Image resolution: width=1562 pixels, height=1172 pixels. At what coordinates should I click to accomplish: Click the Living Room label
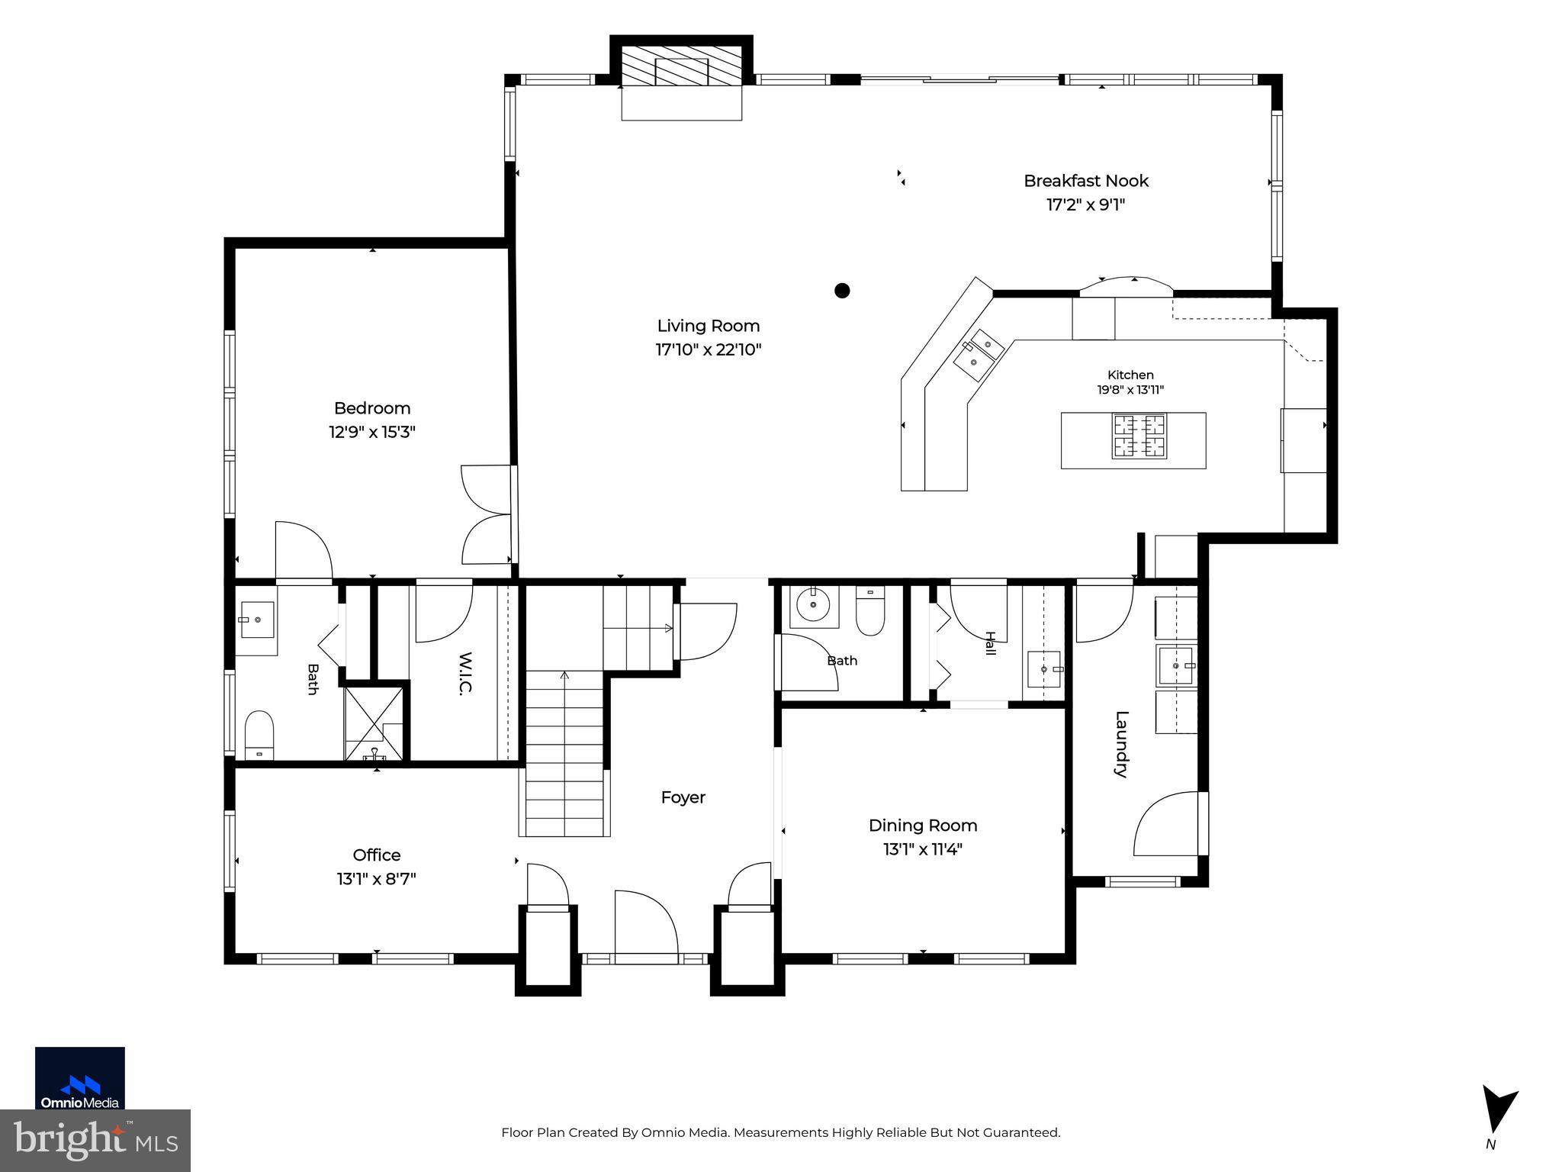point(709,326)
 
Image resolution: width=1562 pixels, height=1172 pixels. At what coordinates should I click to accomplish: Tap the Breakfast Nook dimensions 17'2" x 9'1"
point(1085,204)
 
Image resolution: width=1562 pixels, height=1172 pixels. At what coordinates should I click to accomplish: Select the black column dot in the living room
point(842,290)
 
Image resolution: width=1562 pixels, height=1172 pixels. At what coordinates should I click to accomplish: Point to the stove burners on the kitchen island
point(1139,436)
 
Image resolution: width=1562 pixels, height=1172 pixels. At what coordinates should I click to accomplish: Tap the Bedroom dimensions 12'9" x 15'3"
point(372,432)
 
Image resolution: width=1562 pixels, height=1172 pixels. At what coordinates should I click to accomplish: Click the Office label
point(377,855)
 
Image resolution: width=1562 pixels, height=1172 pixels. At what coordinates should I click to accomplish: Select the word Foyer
point(683,797)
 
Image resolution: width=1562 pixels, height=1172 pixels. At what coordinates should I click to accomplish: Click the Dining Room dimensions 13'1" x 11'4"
point(923,849)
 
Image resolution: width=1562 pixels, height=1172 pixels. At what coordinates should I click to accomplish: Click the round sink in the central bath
point(814,606)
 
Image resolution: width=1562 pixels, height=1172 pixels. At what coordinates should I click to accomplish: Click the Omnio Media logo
point(80,1078)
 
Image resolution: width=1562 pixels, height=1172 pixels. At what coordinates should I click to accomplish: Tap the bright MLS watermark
point(95,1140)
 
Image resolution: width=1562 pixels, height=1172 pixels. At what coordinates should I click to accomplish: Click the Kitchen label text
point(1130,375)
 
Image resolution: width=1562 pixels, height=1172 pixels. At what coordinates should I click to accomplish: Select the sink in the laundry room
point(1177,666)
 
